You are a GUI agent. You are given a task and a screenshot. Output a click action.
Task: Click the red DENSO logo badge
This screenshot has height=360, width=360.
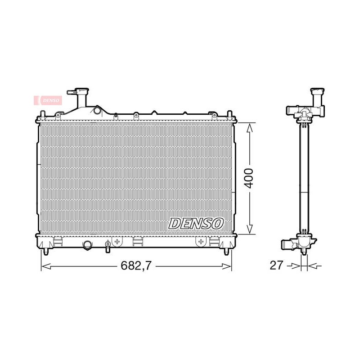pos(48,100)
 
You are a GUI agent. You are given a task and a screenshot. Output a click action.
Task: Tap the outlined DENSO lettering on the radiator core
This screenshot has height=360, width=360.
pos(196,224)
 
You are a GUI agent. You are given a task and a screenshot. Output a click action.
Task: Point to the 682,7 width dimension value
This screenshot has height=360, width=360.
pos(136,265)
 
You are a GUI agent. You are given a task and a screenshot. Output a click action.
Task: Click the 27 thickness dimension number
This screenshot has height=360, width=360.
pos(276,265)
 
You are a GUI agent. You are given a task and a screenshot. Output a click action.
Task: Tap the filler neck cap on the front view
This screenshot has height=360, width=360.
pos(82,90)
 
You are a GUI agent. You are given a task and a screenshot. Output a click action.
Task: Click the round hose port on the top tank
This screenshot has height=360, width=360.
pos(97,110)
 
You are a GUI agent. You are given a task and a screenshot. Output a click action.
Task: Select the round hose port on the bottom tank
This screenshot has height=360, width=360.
pos(87,245)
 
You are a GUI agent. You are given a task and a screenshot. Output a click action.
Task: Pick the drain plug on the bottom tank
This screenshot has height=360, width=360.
pos(108,246)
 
